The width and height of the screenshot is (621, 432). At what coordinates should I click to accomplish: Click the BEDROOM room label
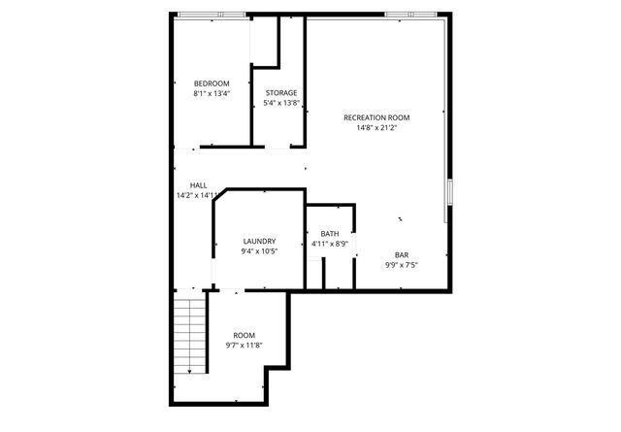click(x=212, y=83)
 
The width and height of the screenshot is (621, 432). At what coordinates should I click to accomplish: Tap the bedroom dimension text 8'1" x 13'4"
click(x=212, y=94)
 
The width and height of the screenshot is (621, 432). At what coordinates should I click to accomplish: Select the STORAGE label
click(x=281, y=93)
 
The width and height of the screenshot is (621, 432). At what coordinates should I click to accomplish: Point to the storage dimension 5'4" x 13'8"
click(x=281, y=104)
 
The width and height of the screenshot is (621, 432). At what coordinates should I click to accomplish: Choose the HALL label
click(x=198, y=185)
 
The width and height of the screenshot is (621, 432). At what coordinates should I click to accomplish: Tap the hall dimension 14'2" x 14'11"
click(x=198, y=195)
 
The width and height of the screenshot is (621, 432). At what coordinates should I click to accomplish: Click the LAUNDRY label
click(x=259, y=242)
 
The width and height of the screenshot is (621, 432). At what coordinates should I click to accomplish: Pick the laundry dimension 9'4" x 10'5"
click(x=259, y=251)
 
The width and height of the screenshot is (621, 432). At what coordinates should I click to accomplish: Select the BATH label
click(x=330, y=234)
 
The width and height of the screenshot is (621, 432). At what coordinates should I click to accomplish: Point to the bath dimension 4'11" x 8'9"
click(x=330, y=245)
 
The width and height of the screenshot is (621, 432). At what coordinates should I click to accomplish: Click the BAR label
click(x=401, y=254)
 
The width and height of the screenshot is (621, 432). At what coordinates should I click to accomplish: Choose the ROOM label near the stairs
click(x=244, y=335)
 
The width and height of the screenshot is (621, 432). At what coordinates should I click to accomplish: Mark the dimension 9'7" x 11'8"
click(x=244, y=346)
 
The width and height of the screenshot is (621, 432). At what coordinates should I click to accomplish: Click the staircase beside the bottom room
click(x=191, y=335)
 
